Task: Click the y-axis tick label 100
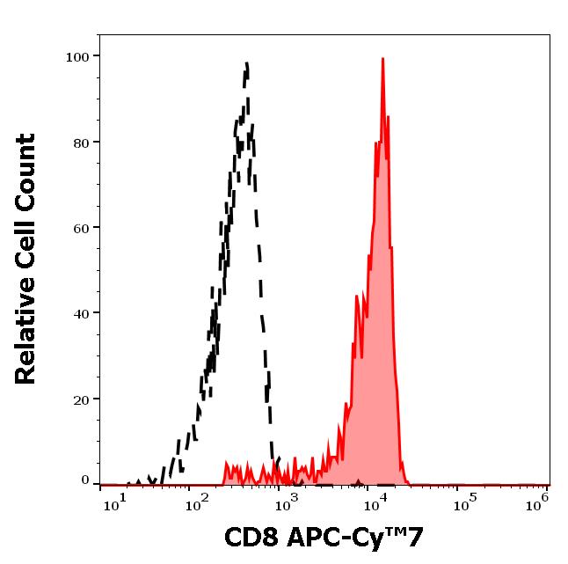point(77,57)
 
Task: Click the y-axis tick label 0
point(85,480)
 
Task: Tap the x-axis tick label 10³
point(288,501)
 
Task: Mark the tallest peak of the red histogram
point(383,59)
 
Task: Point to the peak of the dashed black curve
point(247,63)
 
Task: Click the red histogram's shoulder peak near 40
point(357,297)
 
